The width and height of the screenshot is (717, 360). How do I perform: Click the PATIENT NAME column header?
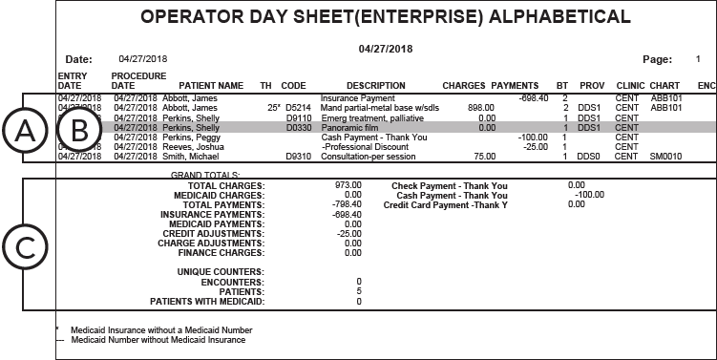pos(211,85)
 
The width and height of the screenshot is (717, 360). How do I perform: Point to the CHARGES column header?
pos(464,85)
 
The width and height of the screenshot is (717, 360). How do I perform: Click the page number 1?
pos(697,58)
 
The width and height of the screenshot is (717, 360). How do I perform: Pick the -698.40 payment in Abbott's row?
pos(533,98)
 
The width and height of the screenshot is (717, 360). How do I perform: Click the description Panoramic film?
pos(349,127)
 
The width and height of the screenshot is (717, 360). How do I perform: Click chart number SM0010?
pos(665,156)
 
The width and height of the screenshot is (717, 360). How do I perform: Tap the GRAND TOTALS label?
pos(203,176)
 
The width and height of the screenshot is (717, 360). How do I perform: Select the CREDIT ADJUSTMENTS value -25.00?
pos(349,233)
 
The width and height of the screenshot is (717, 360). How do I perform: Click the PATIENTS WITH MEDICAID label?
pos(207,302)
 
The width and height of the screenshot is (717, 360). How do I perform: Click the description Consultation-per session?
pos(362,156)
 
